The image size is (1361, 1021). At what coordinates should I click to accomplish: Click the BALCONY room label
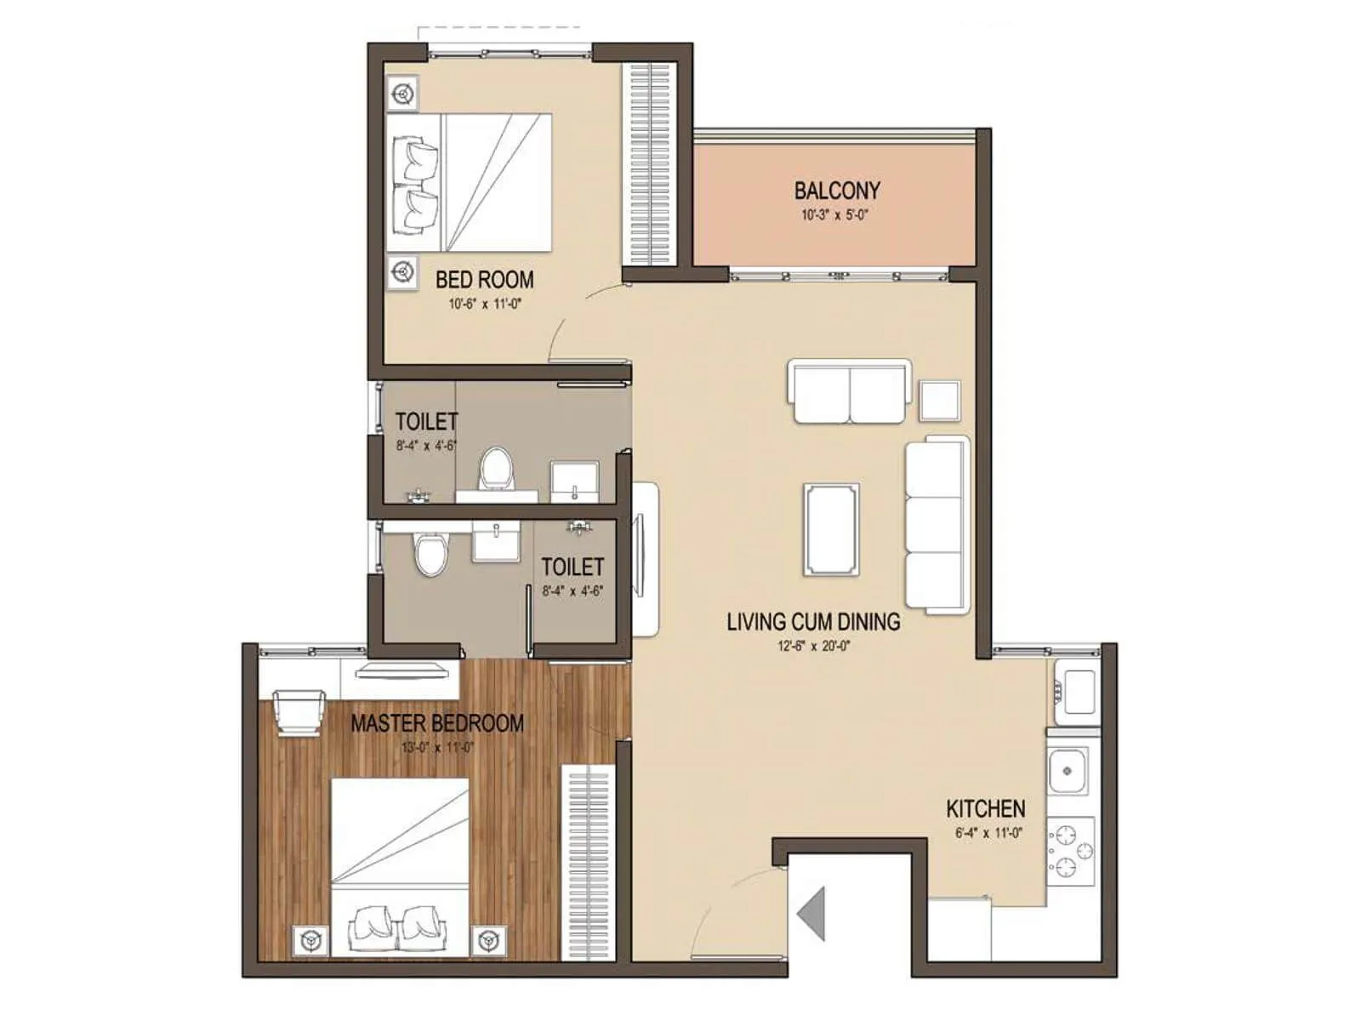(837, 191)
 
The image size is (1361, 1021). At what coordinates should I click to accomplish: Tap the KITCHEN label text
(985, 808)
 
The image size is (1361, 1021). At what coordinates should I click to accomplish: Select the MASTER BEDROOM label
(437, 724)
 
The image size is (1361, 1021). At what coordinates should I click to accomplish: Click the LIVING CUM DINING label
(813, 622)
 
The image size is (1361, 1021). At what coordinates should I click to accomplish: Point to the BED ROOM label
(485, 280)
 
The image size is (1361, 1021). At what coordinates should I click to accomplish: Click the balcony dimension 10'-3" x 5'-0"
(834, 215)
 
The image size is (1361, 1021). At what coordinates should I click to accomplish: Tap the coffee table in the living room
(832, 528)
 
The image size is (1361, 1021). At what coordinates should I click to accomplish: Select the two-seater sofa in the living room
(849, 391)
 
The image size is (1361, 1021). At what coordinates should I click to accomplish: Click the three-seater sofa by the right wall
(937, 524)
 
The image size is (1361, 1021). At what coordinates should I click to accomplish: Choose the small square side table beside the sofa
(939, 400)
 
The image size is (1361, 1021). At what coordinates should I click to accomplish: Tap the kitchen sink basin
(1068, 771)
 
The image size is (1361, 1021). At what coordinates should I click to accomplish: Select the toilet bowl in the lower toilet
(430, 554)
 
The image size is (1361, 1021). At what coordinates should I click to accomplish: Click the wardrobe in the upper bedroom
(652, 163)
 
